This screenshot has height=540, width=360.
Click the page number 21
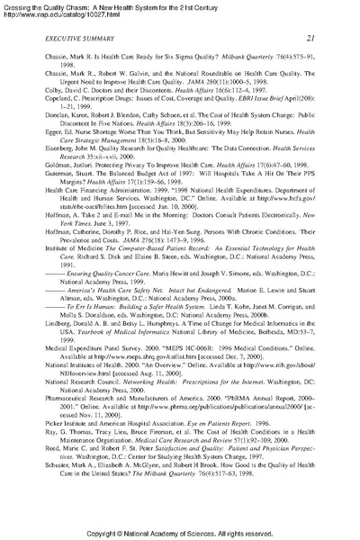tap(309, 37)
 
